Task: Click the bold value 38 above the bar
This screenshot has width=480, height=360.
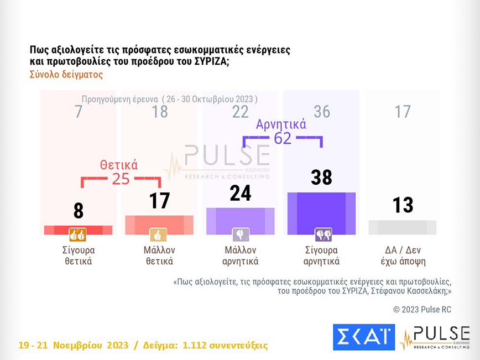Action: [x=321, y=177]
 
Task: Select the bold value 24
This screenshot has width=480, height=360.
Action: [x=241, y=193]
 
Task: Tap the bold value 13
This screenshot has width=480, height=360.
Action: [x=403, y=205]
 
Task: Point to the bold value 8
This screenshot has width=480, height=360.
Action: [x=79, y=211]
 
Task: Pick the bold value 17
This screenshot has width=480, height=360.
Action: [x=159, y=201]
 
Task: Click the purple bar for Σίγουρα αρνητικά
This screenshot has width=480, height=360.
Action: [x=321, y=213]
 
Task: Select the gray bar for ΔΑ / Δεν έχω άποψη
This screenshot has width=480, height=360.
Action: [x=403, y=227]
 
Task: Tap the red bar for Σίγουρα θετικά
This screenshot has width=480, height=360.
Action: [x=79, y=229]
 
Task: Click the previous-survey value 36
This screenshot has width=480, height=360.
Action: [x=321, y=112]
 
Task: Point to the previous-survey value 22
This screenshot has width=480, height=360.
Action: [x=241, y=112]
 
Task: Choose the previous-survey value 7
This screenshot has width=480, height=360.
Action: [x=79, y=112]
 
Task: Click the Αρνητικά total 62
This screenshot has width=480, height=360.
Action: [x=283, y=138]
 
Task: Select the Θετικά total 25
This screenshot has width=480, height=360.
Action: [x=121, y=179]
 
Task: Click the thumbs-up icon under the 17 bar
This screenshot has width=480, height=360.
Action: [x=159, y=235]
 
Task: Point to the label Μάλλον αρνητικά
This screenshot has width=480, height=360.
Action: [x=241, y=255]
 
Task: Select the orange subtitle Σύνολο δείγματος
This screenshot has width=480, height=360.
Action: [x=66, y=74]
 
